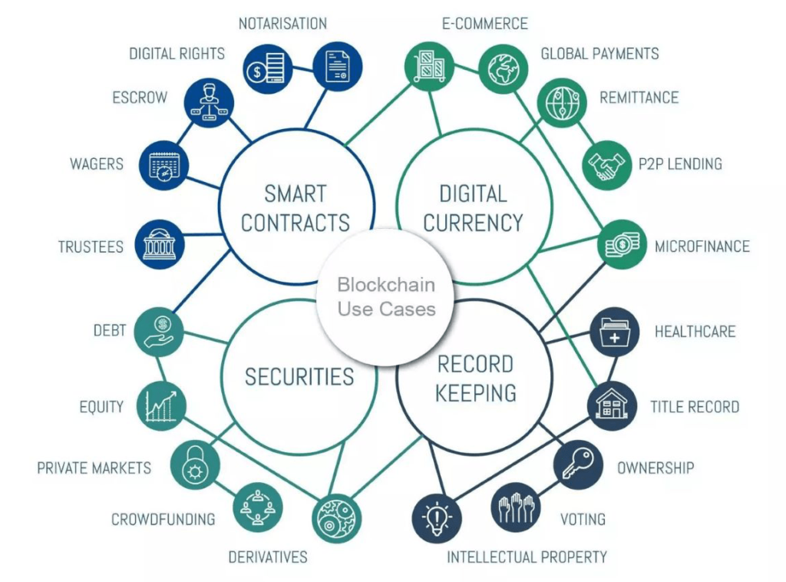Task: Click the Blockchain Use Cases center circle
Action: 385,297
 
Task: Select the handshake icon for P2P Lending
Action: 606,165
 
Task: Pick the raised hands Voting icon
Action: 515,508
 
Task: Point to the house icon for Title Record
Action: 612,405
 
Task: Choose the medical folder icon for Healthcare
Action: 615,332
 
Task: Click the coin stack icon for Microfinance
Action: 622,245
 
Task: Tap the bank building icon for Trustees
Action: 160,245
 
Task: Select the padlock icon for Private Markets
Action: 195,465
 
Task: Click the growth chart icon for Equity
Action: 161,405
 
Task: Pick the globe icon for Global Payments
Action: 504,68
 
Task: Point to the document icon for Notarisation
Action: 338,67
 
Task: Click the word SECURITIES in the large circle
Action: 299,377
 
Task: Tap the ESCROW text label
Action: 140,98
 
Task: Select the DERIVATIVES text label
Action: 268,557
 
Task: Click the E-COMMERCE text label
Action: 485,24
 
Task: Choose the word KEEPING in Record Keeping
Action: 476,393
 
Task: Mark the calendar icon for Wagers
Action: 163,165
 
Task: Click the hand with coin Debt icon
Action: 159,332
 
